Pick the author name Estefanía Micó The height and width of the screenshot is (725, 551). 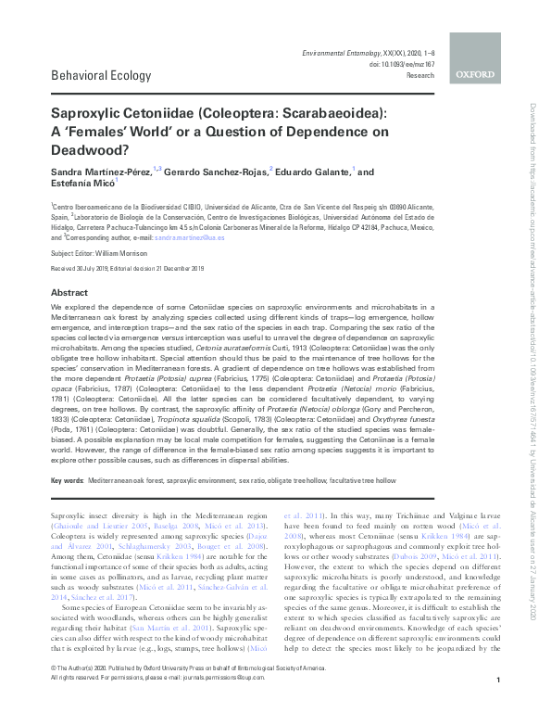click(81, 185)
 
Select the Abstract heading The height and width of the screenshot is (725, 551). click(69, 290)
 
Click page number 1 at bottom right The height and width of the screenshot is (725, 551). click(498, 706)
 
